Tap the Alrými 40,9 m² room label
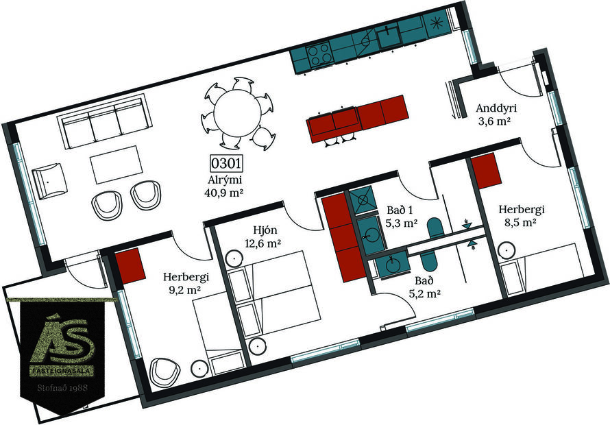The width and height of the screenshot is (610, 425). [224, 186]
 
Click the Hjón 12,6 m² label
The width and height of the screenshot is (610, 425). [263, 236]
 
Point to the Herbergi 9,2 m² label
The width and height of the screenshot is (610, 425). [186, 284]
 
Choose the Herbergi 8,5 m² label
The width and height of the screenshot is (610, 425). [522, 215]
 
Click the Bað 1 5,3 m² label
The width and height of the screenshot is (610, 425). [402, 216]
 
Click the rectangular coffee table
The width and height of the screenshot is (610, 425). [117, 166]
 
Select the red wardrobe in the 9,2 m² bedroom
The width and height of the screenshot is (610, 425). [128, 266]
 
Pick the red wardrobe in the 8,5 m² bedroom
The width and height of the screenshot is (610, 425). [484, 171]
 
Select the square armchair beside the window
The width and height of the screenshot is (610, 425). [50, 181]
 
